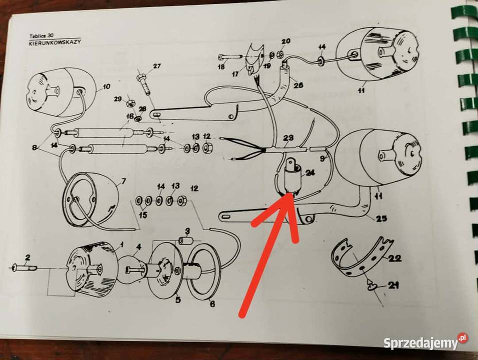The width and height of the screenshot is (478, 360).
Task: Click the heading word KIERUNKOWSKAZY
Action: click(55, 42)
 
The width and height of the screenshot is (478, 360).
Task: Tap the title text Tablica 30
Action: click(41, 35)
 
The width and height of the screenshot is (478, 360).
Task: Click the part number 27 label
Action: click(156, 66)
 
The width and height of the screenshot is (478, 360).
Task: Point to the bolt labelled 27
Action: click(144, 82)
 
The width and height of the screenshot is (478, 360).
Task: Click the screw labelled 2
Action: click(25, 268)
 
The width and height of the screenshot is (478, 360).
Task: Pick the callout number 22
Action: click(395, 258)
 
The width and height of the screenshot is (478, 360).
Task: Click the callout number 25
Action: click(381, 218)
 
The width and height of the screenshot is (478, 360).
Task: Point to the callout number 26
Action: click(298, 84)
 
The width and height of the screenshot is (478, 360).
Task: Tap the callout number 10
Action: click(106, 87)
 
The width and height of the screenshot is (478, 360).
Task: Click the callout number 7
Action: click(123, 181)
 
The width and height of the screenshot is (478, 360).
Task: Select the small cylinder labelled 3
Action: click(184, 241)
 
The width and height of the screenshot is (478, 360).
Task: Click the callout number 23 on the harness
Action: click(288, 138)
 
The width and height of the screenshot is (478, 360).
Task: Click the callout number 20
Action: click(285, 41)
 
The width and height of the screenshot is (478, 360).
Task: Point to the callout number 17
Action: click(235, 74)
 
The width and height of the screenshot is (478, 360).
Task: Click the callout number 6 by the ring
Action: click(212, 304)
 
